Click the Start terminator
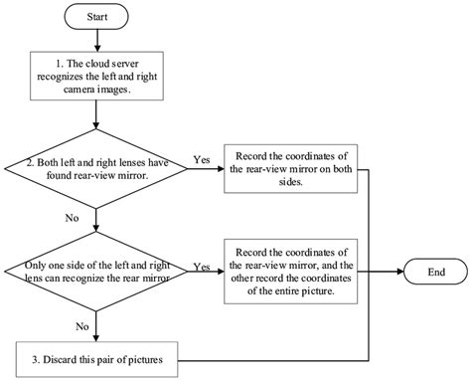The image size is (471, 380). pyautogui.click(x=95, y=18)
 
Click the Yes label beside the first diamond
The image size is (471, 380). pyautogui.click(x=203, y=157)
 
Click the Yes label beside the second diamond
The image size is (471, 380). pyautogui.click(x=203, y=266)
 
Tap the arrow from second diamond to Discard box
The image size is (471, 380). pyautogui.click(x=95, y=326)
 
